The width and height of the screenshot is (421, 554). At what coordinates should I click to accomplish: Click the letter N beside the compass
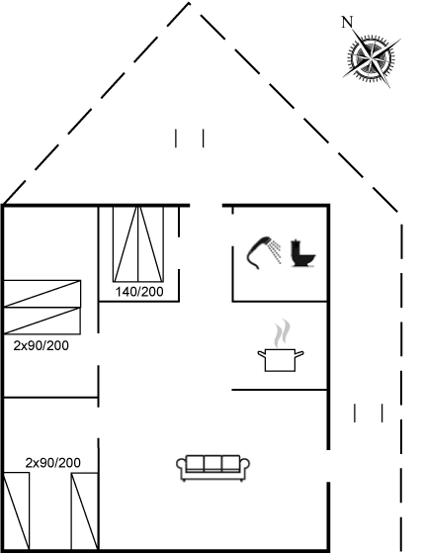[x=347, y=22]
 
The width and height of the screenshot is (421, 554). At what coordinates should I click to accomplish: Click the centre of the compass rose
[x=371, y=56]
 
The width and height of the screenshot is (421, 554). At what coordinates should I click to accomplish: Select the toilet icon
[x=302, y=253]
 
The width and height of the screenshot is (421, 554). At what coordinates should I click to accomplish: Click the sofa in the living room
[x=213, y=468]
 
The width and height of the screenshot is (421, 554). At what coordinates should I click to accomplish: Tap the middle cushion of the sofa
[x=213, y=464]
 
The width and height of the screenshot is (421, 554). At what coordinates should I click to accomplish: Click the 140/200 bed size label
[x=139, y=292]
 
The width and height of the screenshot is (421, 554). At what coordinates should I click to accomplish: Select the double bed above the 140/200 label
[x=138, y=244]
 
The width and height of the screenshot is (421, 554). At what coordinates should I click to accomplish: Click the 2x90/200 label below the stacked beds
[x=42, y=345]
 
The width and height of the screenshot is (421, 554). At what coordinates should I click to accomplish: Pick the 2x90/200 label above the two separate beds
[x=53, y=463]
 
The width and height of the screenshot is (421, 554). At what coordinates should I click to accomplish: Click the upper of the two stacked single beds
[x=42, y=294]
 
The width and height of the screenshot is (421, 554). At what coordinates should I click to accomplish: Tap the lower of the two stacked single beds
[x=42, y=321]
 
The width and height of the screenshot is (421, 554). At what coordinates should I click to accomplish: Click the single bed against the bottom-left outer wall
[x=16, y=510]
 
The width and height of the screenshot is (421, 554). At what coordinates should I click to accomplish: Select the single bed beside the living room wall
[x=85, y=511]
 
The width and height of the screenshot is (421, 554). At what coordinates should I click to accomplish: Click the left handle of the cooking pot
[x=262, y=353]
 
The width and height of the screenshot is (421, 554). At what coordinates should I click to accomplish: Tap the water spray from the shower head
[x=275, y=250]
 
